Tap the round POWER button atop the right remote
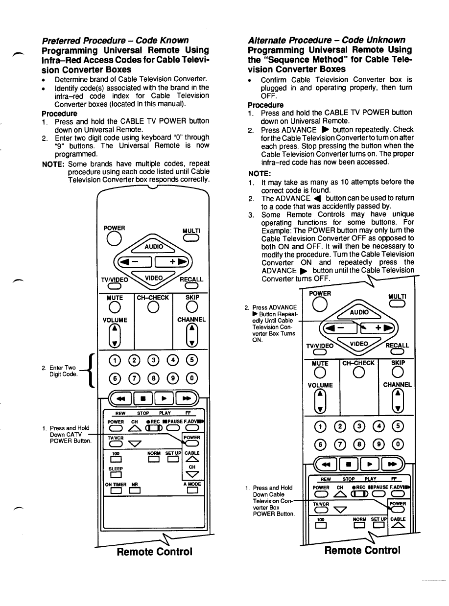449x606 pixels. (319, 304)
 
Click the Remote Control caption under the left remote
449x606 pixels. (154, 552)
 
